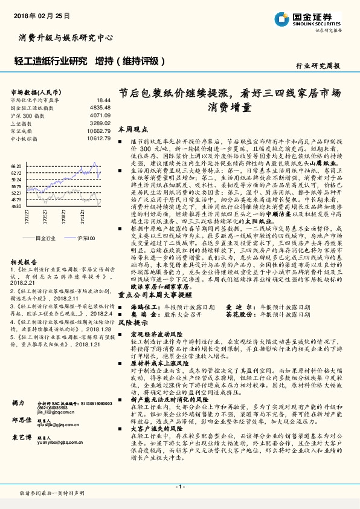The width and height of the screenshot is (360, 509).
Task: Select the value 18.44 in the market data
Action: (103, 100)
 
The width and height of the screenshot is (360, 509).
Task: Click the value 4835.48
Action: (100, 108)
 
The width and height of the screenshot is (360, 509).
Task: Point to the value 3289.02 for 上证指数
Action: (100, 123)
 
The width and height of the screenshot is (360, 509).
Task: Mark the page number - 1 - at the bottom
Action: (179, 487)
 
